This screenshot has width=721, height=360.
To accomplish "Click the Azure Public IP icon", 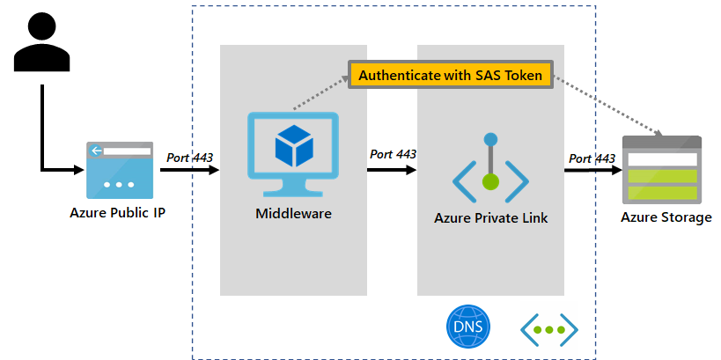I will (x=118, y=170).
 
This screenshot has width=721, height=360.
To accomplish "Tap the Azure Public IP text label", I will (x=118, y=212).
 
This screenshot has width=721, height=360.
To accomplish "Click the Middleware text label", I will (x=293, y=213).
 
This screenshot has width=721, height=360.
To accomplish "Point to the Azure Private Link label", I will (x=490, y=218).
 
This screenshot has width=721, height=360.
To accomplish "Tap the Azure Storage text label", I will (x=666, y=217).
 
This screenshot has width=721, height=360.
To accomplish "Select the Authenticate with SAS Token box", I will (x=451, y=75).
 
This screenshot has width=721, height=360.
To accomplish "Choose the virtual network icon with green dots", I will (x=549, y=329).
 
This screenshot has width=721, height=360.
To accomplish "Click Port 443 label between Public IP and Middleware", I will (x=189, y=158).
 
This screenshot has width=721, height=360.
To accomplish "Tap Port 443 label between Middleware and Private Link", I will (x=393, y=154).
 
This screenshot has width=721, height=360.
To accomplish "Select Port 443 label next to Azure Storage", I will (x=592, y=158).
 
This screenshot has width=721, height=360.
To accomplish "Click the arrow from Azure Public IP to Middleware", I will (x=189, y=170).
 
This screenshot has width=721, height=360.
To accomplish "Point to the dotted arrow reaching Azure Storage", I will (x=616, y=110).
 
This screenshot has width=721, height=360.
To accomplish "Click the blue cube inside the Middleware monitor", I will (x=292, y=145).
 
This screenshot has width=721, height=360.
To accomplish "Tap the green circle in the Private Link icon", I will (x=490, y=182).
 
